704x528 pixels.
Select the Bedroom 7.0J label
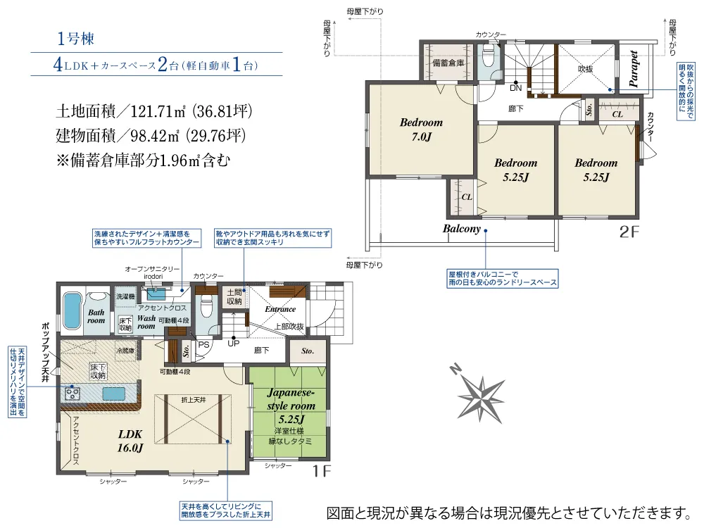(421, 129)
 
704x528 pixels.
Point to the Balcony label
(462, 229)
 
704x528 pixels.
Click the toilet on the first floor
(206, 307)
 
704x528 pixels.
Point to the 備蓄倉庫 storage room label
(448, 63)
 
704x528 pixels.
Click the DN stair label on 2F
(515, 89)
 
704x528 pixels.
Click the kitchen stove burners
(73, 394)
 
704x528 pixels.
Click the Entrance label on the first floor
(279, 309)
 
